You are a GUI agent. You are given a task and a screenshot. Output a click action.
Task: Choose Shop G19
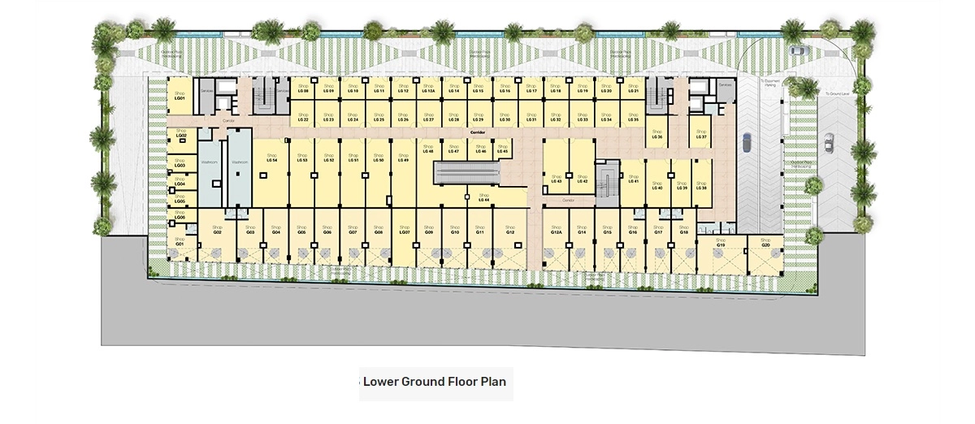[x=720, y=243]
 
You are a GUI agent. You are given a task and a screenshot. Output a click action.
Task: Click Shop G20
[x=765, y=243]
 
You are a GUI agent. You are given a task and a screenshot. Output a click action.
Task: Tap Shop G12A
[x=556, y=230]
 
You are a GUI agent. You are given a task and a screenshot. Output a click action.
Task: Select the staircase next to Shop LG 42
[x=606, y=176]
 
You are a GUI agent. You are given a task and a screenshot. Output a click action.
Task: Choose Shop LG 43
[x=556, y=179]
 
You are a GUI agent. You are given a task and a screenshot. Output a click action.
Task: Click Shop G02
[x=217, y=230]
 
